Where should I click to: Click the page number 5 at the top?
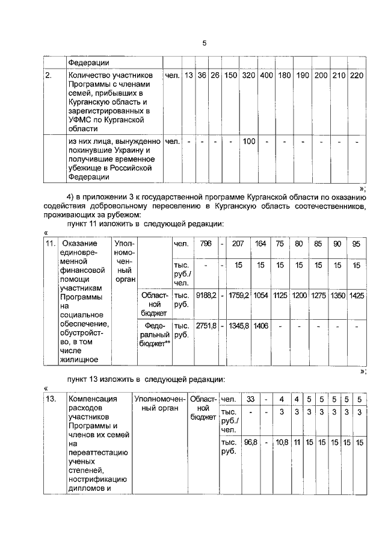pyautogui.click(x=204, y=43)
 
